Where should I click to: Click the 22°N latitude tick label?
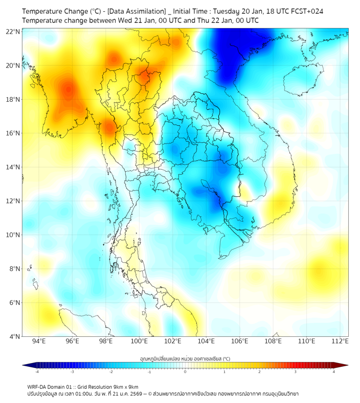(x=13, y=32)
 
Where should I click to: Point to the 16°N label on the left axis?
(x=13, y=133)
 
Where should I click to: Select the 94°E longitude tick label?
(x=39, y=341)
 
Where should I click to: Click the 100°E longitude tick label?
(x=140, y=341)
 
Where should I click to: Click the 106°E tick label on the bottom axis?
(x=240, y=341)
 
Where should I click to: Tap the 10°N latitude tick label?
(x=13, y=235)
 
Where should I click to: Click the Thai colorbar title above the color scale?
(x=185, y=358)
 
